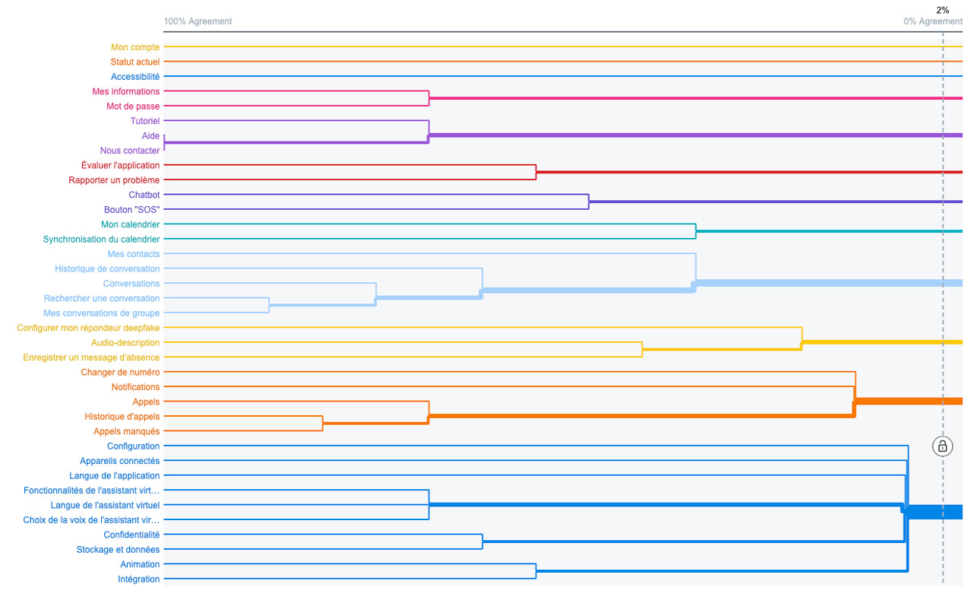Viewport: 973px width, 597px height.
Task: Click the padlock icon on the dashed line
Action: [942, 446]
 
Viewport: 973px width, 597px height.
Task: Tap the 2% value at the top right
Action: [942, 10]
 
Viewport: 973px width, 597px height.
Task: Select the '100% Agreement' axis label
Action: [198, 21]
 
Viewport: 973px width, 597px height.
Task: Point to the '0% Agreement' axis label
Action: [933, 21]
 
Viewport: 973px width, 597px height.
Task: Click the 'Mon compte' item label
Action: [135, 47]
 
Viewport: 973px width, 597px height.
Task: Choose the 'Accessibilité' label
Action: [135, 77]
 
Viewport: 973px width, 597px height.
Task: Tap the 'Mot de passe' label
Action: [133, 106]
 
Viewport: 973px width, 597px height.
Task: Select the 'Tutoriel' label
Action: [145, 121]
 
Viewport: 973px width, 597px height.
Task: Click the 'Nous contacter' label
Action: [130, 151]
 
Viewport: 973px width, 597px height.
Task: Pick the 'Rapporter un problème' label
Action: [114, 180]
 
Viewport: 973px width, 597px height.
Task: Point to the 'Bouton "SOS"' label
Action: [132, 209]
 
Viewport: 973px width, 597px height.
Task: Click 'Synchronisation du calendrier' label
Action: [101, 239]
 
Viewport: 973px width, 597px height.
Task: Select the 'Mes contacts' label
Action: [133, 254]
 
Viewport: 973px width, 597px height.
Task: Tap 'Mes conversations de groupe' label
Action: [101, 313]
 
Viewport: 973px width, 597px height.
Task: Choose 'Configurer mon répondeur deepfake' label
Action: [88, 328]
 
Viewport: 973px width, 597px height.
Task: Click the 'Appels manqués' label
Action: [126, 431]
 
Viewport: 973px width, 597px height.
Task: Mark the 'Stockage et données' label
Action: [118, 549]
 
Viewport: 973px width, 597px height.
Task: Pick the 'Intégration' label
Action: [138, 579]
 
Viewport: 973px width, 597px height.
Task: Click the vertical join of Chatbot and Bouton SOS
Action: [588, 202]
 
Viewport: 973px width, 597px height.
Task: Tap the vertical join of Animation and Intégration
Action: [536, 571]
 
